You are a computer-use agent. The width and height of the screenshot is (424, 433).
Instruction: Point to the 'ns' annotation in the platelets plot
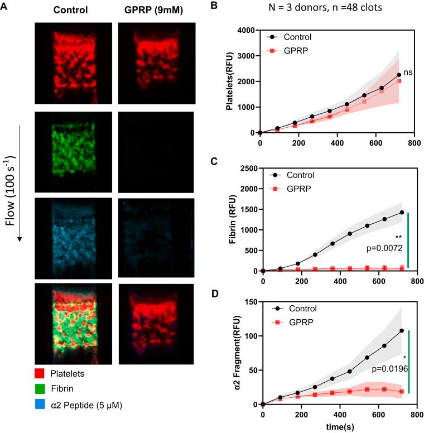click(x=408, y=72)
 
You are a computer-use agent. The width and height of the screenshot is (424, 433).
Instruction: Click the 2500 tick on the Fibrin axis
click(x=248, y=168)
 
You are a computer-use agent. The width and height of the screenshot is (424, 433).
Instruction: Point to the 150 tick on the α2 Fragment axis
click(x=252, y=302)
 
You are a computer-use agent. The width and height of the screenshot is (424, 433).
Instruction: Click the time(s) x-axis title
click(x=338, y=426)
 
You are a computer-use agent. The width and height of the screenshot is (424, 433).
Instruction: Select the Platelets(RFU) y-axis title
click(x=228, y=82)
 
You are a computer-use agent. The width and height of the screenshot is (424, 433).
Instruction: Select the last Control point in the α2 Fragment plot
click(x=401, y=330)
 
